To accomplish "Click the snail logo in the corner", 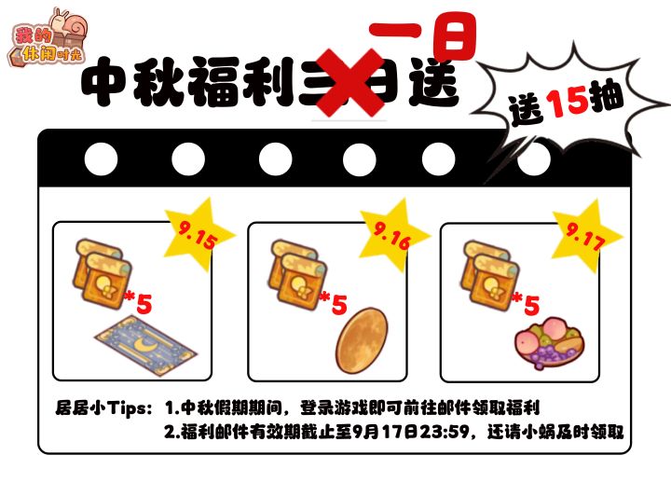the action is point(48,38).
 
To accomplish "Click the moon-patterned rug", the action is point(146,345).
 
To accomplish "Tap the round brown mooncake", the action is point(362,341).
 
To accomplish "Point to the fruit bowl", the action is point(550,346).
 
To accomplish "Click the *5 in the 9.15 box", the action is point(138,302).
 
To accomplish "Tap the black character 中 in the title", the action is point(104,81).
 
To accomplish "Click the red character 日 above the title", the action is point(455,37).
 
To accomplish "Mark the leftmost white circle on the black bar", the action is point(101,159).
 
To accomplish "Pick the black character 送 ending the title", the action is point(433,83).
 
